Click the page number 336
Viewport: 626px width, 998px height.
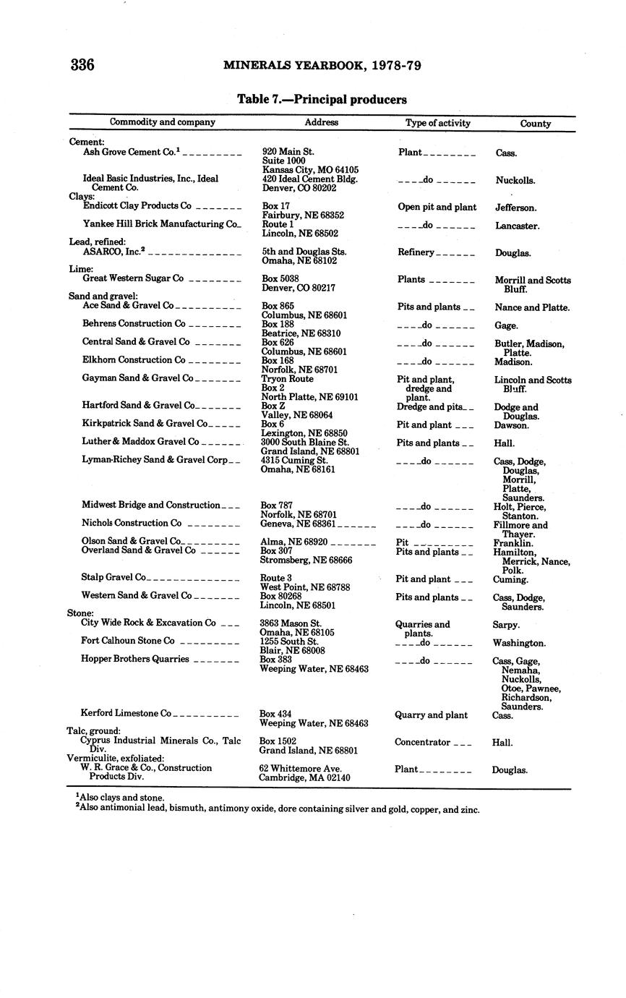coord(82,65)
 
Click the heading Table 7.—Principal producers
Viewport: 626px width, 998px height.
coord(322,100)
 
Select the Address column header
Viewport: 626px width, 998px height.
coord(321,123)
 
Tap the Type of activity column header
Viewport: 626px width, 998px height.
coord(437,123)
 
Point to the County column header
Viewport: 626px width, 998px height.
coord(535,124)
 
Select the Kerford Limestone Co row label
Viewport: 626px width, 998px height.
coord(126,713)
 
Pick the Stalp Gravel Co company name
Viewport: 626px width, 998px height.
coord(113,577)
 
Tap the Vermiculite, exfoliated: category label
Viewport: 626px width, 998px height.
coord(115,758)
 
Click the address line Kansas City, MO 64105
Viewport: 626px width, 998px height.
coord(310,170)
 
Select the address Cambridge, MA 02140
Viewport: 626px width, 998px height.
coord(304,777)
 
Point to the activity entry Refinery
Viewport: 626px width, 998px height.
coord(416,252)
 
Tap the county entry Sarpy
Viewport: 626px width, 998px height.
coord(505,625)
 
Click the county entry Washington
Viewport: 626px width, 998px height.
coord(518,643)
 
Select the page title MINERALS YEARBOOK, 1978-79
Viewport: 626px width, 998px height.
coord(322,66)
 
